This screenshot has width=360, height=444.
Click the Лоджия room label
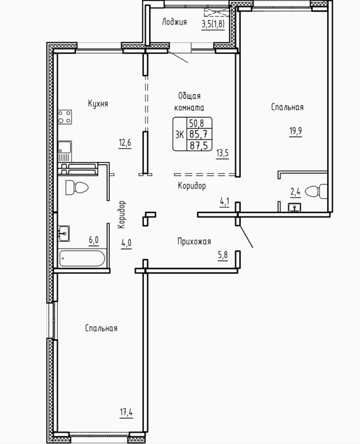coord(174,22)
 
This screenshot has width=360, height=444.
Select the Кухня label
coord(98,103)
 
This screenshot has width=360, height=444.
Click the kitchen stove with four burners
coord(65,117)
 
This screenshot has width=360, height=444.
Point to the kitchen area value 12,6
coord(125,143)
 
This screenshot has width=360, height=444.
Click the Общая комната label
coord(190,101)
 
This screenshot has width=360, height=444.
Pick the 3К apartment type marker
coord(179,134)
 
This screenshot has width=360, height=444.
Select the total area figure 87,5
coord(199,145)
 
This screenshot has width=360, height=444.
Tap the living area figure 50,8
coord(196,123)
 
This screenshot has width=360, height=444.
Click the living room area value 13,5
coord(222,153)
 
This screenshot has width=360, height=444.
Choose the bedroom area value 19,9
coord(295,131)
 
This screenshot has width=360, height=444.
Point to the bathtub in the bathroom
coord(82,258)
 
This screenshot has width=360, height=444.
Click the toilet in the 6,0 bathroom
coord(77,188)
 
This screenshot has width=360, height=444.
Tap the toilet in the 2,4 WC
coord(316,191)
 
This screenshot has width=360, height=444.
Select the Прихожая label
coord(194,242)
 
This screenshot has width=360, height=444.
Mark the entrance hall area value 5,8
coord(222,255)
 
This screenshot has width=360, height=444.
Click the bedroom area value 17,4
coord(126,412)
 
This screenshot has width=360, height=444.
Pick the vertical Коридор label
coord(122,214)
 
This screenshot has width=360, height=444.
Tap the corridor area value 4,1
coord(224,202)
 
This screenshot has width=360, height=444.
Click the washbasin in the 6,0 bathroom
coord(63,233)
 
